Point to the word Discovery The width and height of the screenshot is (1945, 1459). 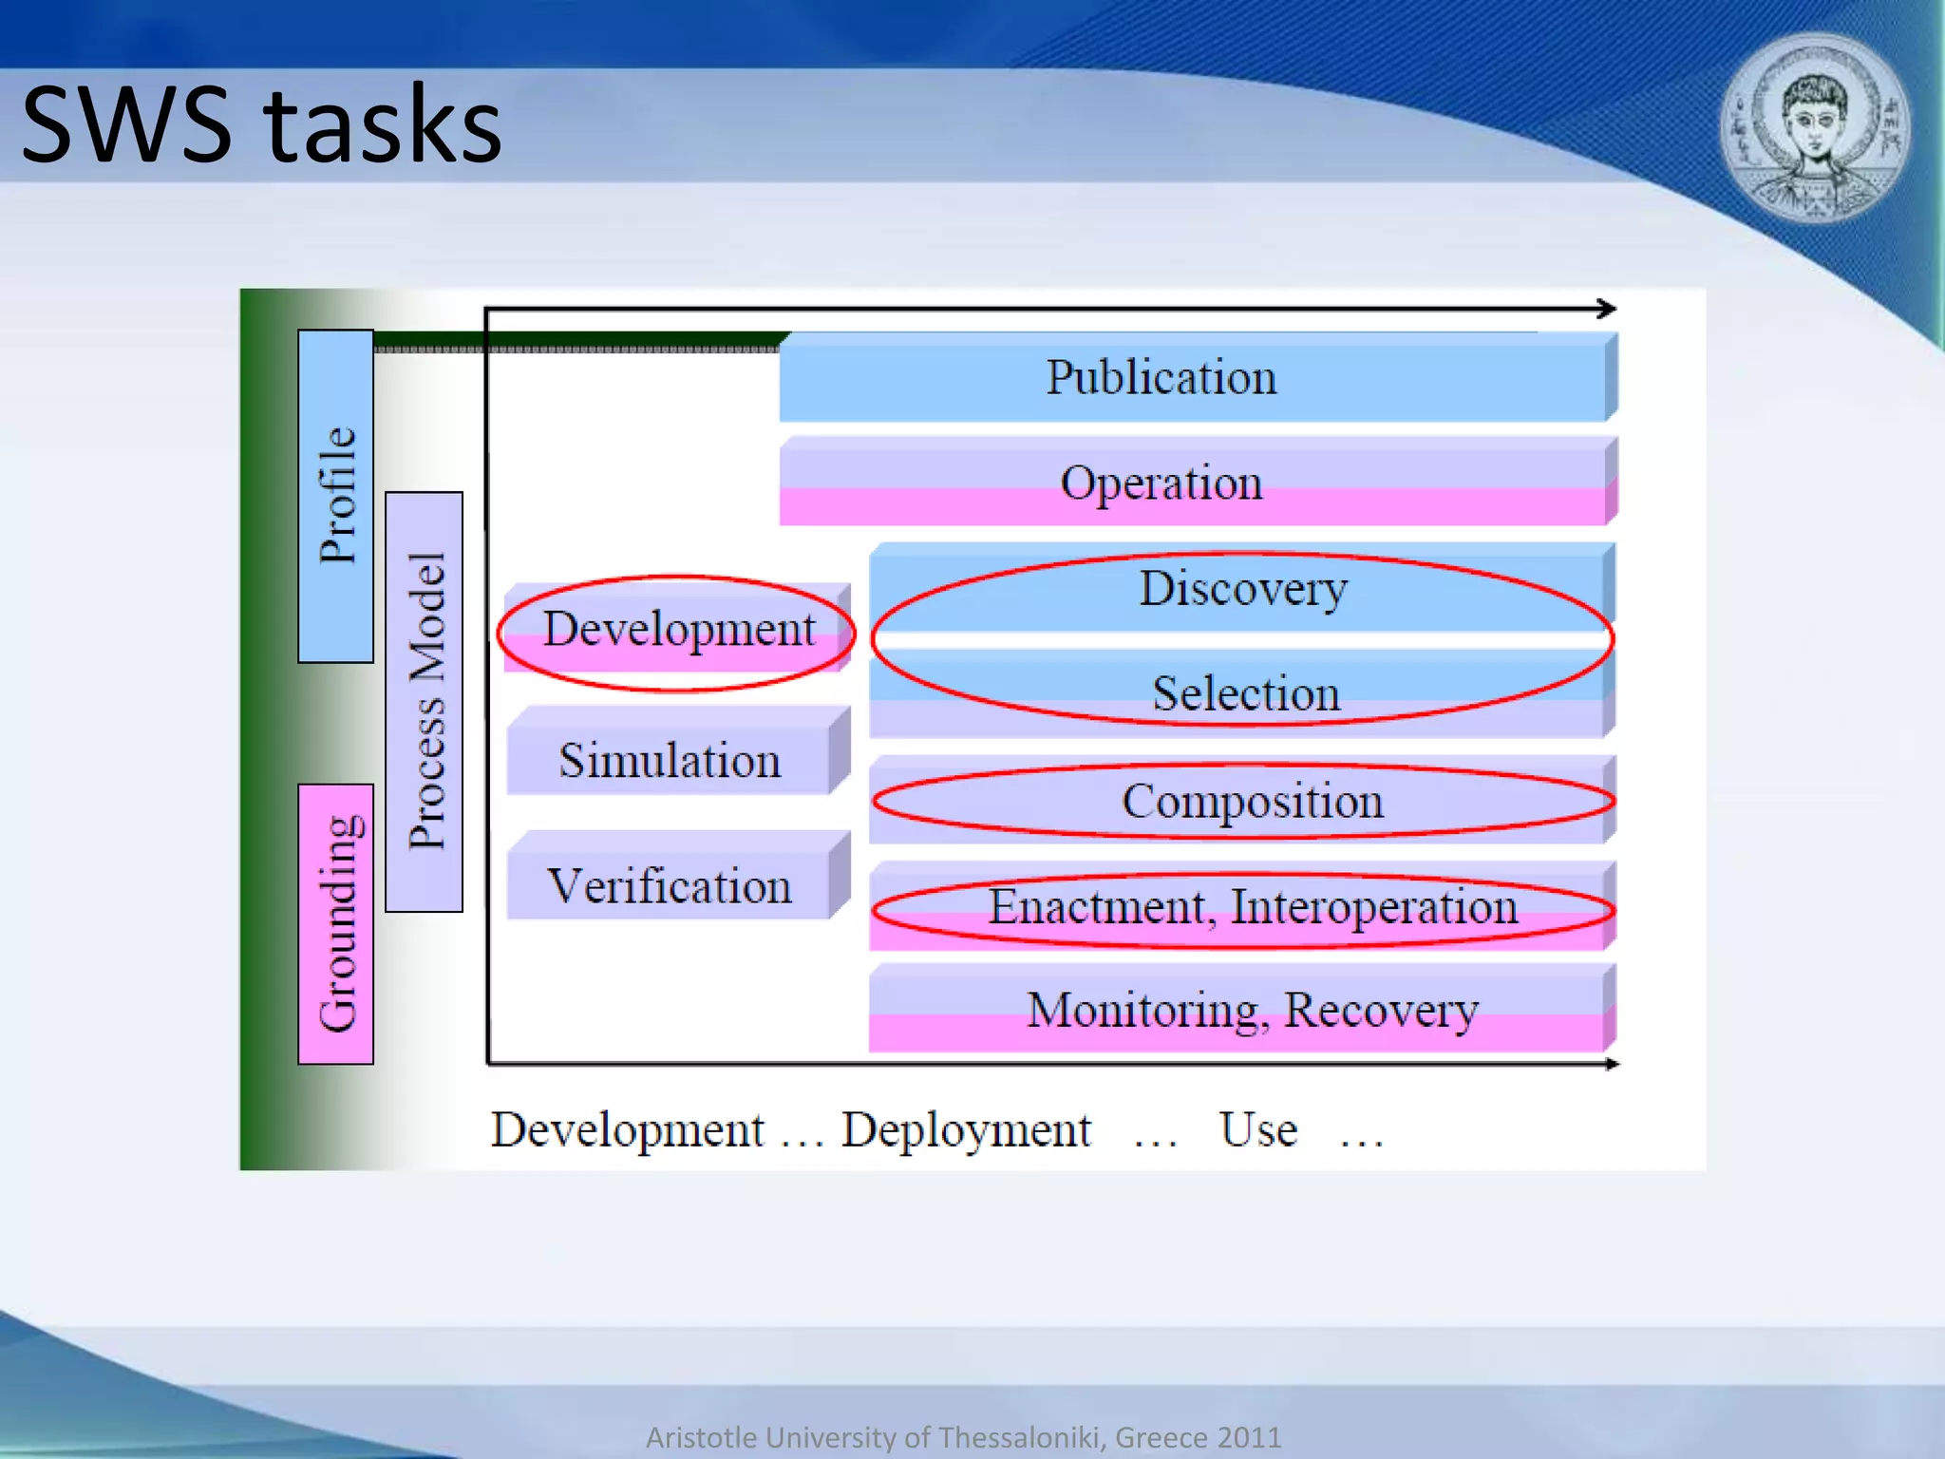tap(1242, 589)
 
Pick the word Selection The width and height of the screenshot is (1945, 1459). tap(1246, 693)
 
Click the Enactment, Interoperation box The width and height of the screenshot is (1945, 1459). tap(1252, 907)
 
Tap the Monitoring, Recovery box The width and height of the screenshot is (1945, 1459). tap(1252, 1010)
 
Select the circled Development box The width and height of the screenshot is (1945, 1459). tap(678, 630)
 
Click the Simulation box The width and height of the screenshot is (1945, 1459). tap(670, 761)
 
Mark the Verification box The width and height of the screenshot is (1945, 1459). tap(670, 886)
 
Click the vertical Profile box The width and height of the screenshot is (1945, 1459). tap(336, 496)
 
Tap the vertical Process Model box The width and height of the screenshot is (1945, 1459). tap(425, 701)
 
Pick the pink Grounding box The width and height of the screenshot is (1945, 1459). tap(336, 923)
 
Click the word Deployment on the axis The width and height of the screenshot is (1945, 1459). tap(966, 1130)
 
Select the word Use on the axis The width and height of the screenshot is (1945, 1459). tap(1257, 1130)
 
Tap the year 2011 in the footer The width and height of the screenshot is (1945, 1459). tap(1250, 1437)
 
